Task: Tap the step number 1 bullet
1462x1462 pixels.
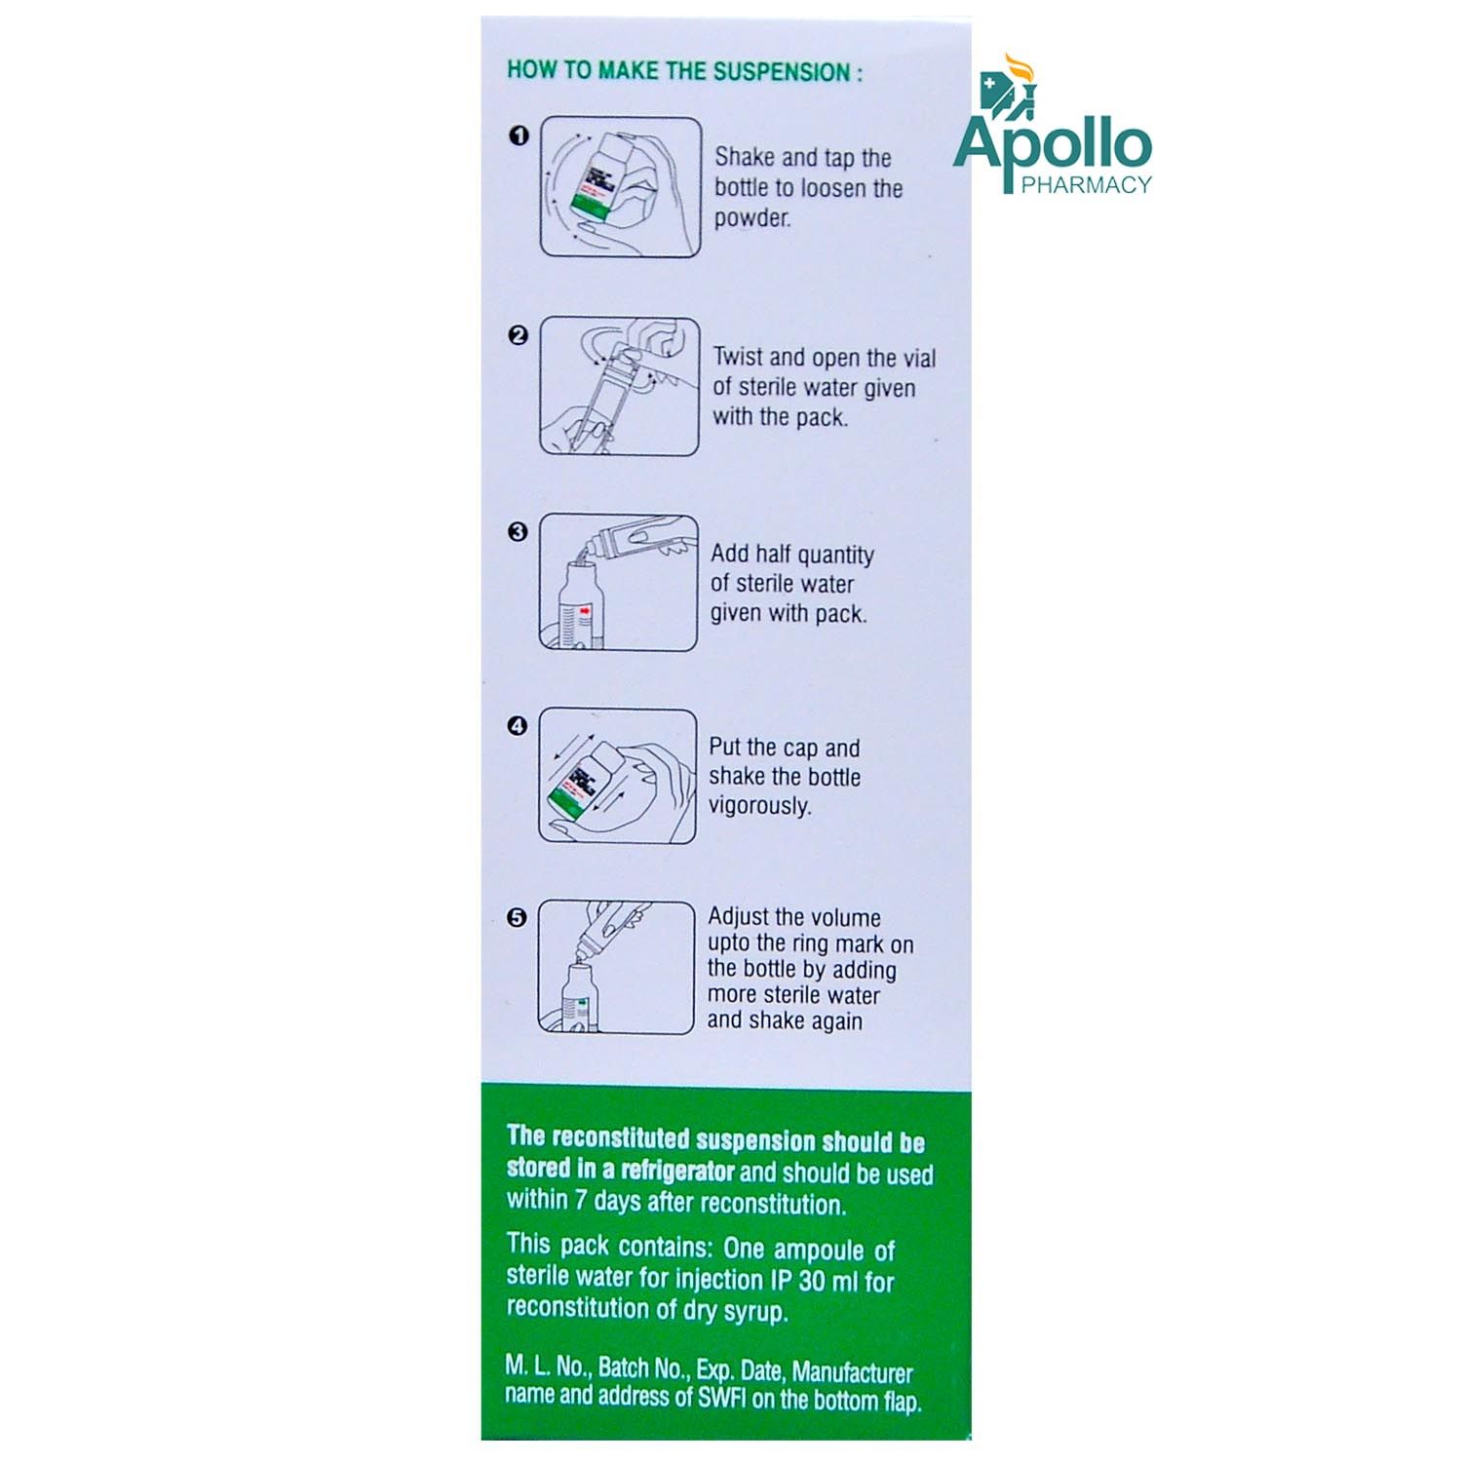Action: pyautogui.click(x=519, y=136)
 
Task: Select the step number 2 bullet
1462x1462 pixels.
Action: pyautogui.click(x=519, y=335)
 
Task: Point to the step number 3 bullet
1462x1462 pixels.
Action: pyautogui.click(x=518, y=532)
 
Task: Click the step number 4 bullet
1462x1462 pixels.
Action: pyautogui.click(x=518, y=726)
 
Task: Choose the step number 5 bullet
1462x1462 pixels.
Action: pyautogui.click(x=518, y=918)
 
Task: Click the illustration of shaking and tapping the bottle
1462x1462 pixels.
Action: pyautogui.click(x=621, y=187)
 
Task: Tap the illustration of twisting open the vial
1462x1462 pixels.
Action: pyautogui.click(x=620, y=386)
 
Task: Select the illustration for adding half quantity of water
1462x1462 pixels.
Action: pyautogui.click(x=619, y=582)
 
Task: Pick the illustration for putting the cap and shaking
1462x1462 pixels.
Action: pyautogui.click(x=618, y=776)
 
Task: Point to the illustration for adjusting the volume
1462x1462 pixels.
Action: pyautogui.click(x=617, y=967)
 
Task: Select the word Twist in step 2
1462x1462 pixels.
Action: pyautogui.click(x=738, y=357)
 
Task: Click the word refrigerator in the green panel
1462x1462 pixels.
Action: pyautogui.click(x=677, y=1170)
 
